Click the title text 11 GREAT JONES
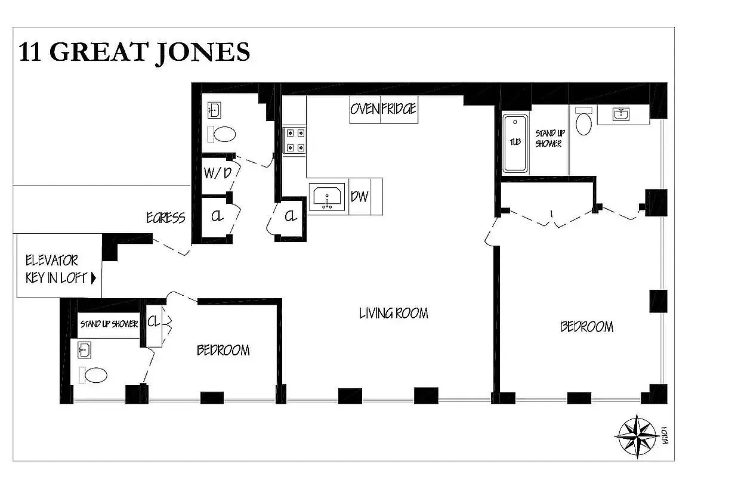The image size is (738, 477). tap(134, 52)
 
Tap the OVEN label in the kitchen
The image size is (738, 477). tap(365, 110)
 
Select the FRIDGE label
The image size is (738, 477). tap(399, 110)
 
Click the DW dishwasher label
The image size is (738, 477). tap(359, 196)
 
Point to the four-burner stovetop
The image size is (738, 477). tap(294, 140)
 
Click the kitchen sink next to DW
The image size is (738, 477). tap(327, 197)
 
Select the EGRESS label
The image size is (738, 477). tap(166, 218)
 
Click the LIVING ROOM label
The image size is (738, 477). tap(393, 313)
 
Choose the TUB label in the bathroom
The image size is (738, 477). tap(515, 142)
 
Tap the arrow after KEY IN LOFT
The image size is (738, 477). tap(93, 278)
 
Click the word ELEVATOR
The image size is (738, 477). tap(51, 261)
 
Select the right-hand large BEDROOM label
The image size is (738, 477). tap(586, 327)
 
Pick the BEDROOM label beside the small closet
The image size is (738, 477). tap(223, 350)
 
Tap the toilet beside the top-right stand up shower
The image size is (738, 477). tap(584, 123)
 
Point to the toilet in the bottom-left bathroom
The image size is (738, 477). tap(95, 375)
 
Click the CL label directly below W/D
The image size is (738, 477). tap(217, 217)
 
